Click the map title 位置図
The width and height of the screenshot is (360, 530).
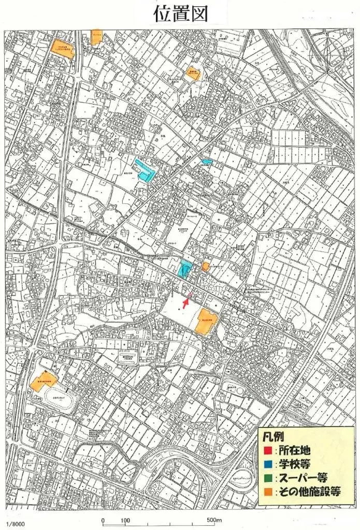coord(180,13)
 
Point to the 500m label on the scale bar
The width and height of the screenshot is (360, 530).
coord(214,520)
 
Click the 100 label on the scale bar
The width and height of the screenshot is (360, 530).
coord(125,520)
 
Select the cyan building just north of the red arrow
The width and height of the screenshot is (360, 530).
coord(184,269)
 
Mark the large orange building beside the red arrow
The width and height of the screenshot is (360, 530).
coord(207,321)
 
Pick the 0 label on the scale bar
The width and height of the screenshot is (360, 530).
coord(103,520)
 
